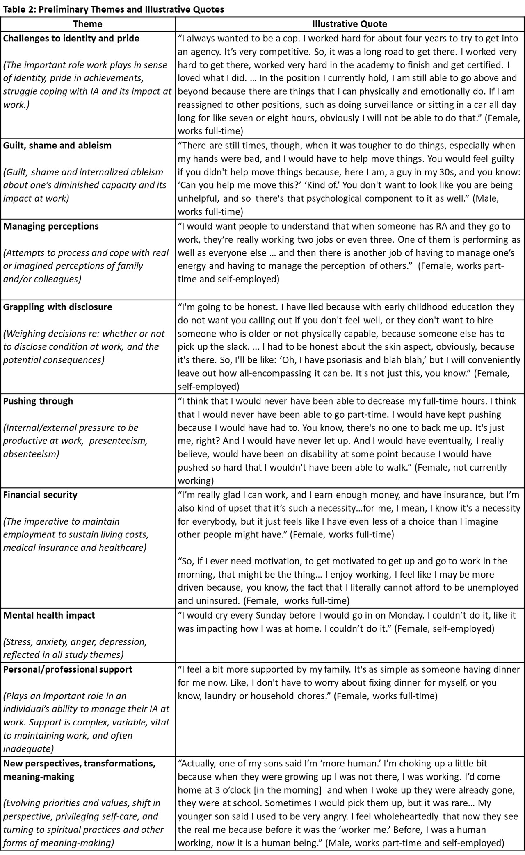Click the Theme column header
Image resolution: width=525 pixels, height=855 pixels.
87,24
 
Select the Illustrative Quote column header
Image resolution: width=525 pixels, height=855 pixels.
349,24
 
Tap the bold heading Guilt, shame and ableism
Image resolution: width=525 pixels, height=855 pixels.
57,146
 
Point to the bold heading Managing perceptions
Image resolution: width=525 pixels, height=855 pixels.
51,226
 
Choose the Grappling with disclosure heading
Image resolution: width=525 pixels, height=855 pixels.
57,307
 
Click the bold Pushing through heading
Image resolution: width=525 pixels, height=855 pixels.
38,401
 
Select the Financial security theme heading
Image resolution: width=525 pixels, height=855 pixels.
40,495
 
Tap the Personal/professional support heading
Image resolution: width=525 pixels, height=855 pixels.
68,669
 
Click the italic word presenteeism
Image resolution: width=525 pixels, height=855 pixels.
119,441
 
